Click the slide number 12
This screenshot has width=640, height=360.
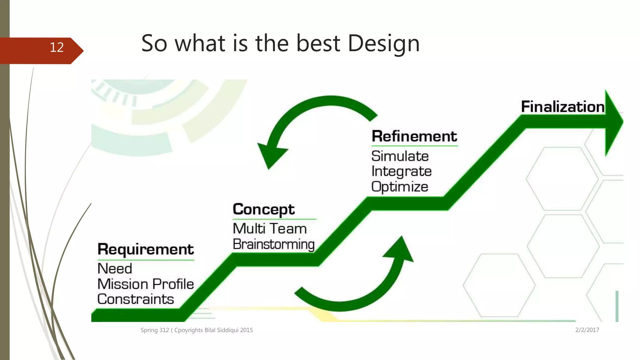[57, 47]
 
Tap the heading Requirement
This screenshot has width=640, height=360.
[146, 249]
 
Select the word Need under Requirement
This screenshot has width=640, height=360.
[115, 269]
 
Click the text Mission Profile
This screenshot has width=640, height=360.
[146, 284]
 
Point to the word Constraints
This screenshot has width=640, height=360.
[136, 299]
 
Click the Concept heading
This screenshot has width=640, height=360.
[263, 209]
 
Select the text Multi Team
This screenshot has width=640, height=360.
[270, 229]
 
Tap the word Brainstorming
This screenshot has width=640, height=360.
[273, 244]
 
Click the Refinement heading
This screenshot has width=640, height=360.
[414, 136]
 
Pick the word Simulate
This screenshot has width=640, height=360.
[400, 156]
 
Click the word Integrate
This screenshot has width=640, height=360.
[402, 172]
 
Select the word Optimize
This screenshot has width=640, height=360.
[400, 187]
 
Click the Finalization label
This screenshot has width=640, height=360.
[562, 107]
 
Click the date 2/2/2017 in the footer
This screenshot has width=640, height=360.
[587, 330]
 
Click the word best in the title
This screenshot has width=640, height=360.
[318, 43]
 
